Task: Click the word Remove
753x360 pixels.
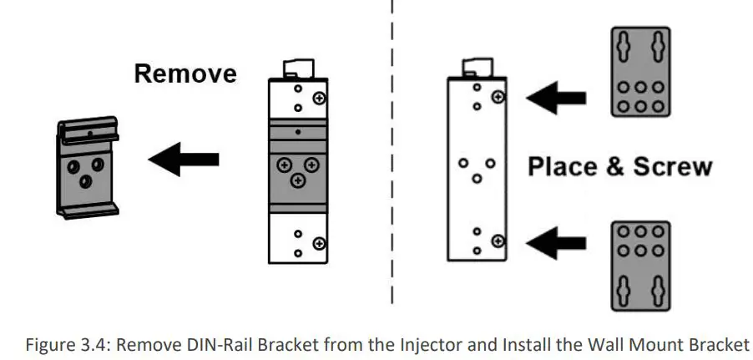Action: click(185, 74)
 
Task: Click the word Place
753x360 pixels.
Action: click(564, 165)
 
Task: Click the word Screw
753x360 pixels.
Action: click(673, 165)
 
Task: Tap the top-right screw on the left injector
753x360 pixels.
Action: click(318, 98)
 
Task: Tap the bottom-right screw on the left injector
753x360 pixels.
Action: click(318, 243)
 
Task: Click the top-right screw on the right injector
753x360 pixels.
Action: click(498, 97)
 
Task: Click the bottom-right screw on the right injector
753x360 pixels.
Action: click(498, 241)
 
